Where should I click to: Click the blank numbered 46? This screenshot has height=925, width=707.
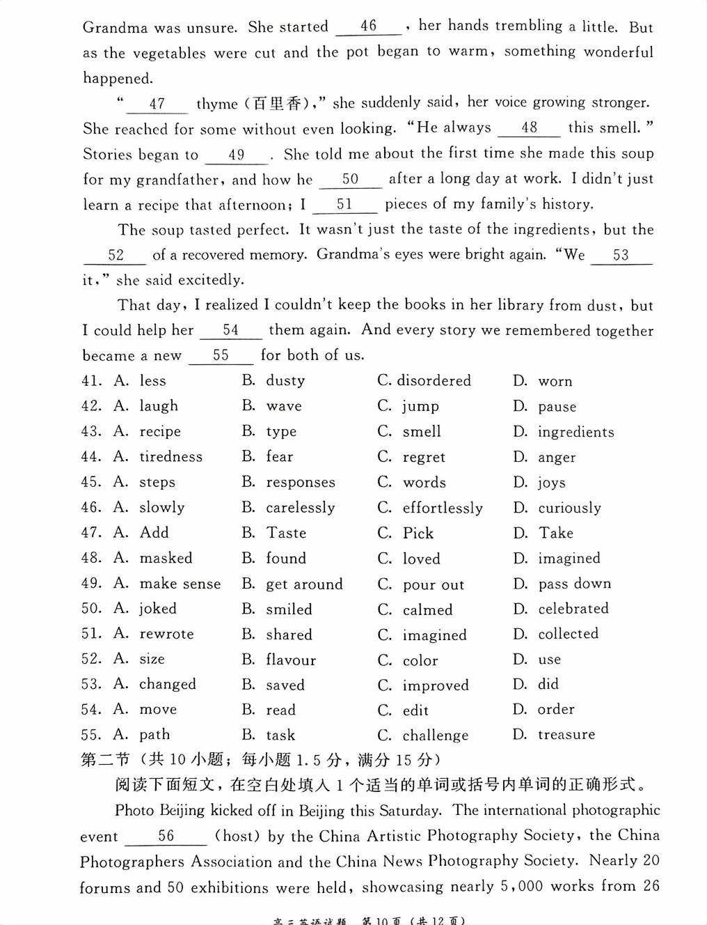click(368, 26)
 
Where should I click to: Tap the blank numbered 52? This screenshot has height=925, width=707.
click(116, 256)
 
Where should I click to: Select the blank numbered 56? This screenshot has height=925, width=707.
click(166, 836)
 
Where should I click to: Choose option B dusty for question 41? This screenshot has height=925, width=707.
click(285, 380)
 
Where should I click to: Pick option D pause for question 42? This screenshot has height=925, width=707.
click(557, 406)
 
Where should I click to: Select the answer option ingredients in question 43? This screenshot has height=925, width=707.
click(575, 432)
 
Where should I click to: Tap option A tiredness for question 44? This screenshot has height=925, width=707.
click(170, 457)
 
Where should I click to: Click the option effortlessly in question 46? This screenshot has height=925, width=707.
click(443, 508)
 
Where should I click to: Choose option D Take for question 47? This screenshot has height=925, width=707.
click(555, 533)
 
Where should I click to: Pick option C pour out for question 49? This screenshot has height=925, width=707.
click(433, 584)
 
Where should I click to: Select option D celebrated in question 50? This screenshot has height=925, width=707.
click(573, 609)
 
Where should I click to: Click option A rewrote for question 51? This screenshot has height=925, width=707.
click(166, 634)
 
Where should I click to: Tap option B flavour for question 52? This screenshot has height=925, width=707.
click(291, 660)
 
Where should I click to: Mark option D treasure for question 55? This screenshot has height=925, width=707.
click(566, 735)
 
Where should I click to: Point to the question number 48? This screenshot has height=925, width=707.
click(91, 558)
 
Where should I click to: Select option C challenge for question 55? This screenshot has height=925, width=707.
click(435, 736)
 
